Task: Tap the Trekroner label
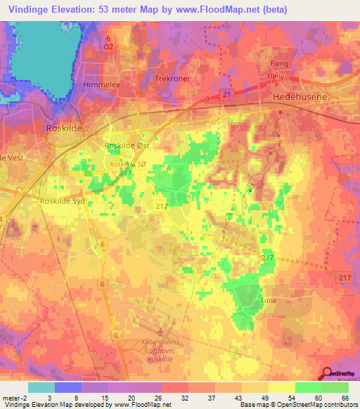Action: [173, 79]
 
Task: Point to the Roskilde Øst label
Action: [127, 145]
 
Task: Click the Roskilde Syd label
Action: [63, 200]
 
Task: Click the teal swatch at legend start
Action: [41, 387]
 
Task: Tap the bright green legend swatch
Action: [308, 387]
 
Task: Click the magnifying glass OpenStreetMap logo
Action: [327, 375]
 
